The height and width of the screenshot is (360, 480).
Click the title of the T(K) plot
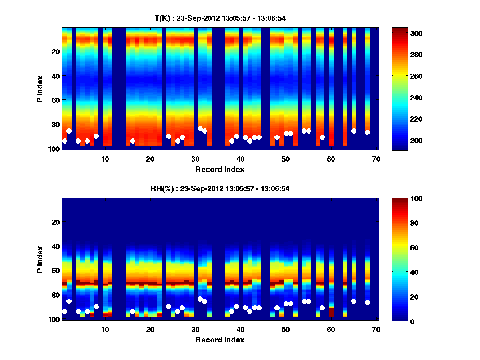pyautogui.click(x=220, y=18)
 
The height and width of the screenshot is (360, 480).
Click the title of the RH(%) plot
pyautogui.click(x=220, y=189)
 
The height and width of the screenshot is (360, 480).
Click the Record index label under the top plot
pyautogui.click(x=220, y=169)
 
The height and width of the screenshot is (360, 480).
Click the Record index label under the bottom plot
pyautogui.click(x=220, y=340)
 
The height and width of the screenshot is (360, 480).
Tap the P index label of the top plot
pyautogui.click(x=40, y=88)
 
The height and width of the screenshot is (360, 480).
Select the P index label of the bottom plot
pyautogui.click(x=40, y=259)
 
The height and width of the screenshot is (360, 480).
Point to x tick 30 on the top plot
pyautogui.click(x=195, y=159)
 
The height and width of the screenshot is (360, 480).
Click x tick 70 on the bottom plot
pyautogui.click(x=376, y=329)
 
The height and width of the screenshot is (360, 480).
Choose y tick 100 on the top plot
pyautogui.click(x=54, y=149)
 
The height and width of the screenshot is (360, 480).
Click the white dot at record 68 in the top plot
pyautogui.click(x=367, y=132)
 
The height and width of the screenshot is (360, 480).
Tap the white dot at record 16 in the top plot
pyautogui.click(x=132, y=141)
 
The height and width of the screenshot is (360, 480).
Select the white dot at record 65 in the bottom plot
pyautogui.click(x=354, y=301)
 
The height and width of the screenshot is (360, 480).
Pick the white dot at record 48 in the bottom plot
pyautogui.click(x=277, y=308)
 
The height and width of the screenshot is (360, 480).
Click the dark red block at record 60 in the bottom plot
pyautogui.click(x=331, y=312)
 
